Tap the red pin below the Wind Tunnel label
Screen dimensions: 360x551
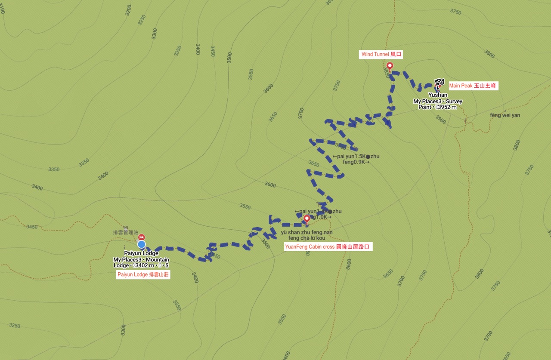[x=390, y=66]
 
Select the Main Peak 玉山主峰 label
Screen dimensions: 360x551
[x=472, y=86]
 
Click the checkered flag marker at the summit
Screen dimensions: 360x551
[x=439, y=83]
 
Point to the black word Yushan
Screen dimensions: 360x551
[x=437, y=95]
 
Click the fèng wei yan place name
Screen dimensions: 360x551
[x=505, y=115]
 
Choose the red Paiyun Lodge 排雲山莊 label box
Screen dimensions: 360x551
[x=143, y=275]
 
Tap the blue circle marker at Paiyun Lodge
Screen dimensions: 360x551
[x=141, y=244]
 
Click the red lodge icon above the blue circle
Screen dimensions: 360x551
[x=141, y=237]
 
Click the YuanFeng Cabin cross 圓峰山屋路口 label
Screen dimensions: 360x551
[x=328, y=247]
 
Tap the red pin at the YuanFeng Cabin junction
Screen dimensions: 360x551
[x=306, y=219]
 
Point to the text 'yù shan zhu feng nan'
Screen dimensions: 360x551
[x=306, y=232]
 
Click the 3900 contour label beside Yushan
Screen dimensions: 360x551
[x=440, y=119]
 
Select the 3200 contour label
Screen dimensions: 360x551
[x=128, y=10]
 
